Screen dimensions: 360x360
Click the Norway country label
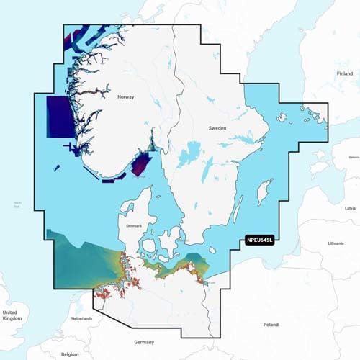click(126, 95)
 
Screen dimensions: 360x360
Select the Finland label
click(345, 73)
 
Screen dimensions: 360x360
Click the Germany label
click(145, 342)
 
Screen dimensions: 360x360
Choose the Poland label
click(271, 325)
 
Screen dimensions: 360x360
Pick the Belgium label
click(69, 354)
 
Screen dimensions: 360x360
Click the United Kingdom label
click(10, 315)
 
